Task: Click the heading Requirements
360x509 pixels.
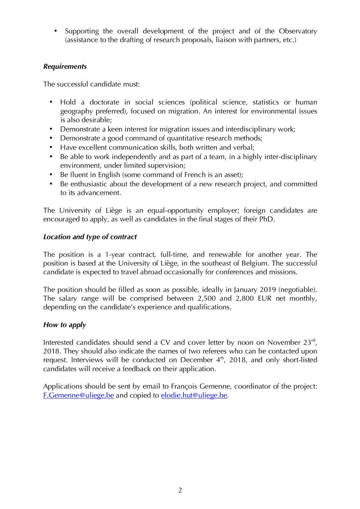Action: pos(65,67)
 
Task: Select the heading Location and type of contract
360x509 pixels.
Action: pos(90,236)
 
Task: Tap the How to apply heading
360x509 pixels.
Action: pos(65,325)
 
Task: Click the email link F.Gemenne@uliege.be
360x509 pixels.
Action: pos(79,395)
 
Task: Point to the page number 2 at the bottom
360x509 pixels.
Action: pos(180,490)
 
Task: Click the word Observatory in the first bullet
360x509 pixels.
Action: pos(298,31)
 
